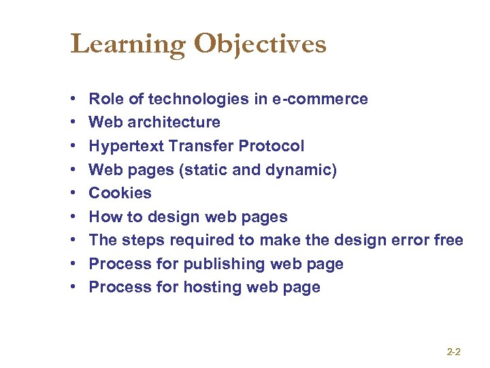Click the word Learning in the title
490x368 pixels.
tap(128, 45)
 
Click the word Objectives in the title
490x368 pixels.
tap(260, 45)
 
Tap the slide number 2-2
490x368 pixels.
tap(454, 352)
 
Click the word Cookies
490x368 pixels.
tap(120, 193)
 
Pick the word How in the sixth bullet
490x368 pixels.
tap(105, 217)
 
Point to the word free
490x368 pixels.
tap(448, 241)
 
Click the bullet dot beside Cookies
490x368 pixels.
tap(73, 194)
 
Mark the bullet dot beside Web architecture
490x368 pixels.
tap(73, 123)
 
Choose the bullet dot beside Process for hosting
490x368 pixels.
tap(73, 288)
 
